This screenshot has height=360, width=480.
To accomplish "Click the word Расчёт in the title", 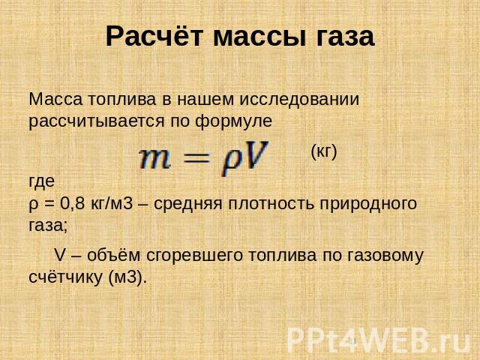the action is [154, 36].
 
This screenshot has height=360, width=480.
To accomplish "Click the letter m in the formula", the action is [154, 159].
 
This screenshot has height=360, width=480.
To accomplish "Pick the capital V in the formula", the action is [254, 155].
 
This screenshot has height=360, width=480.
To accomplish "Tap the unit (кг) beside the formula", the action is [324, 151].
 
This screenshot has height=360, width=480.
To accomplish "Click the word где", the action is [42, 181].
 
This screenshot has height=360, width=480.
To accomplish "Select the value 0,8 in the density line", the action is [72, 203].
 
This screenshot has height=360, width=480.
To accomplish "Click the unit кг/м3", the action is [112, 203].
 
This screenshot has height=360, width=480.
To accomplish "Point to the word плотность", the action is [271, 204].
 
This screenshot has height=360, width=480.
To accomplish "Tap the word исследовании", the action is [299, 100].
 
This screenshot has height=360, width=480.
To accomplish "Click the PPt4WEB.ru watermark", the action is [379, 340].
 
